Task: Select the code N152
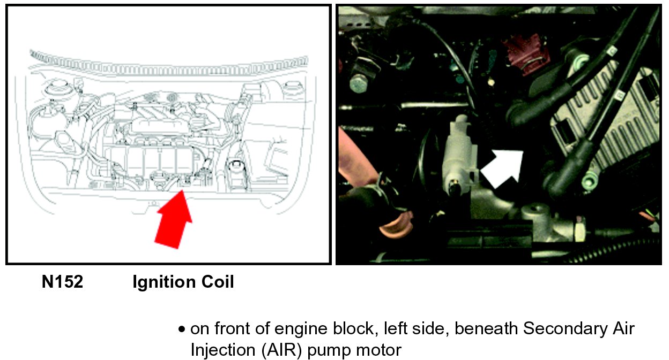click(62, 282)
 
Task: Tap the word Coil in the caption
click(218, 282)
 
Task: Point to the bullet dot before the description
click(181, 329)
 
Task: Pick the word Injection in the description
click(222, 350)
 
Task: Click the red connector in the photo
click(526, 55)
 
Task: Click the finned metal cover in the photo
click(606, 119)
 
